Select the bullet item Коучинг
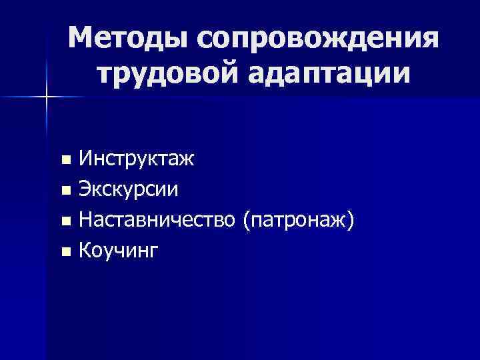coord(119,250)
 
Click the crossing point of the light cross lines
coord(47,97)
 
